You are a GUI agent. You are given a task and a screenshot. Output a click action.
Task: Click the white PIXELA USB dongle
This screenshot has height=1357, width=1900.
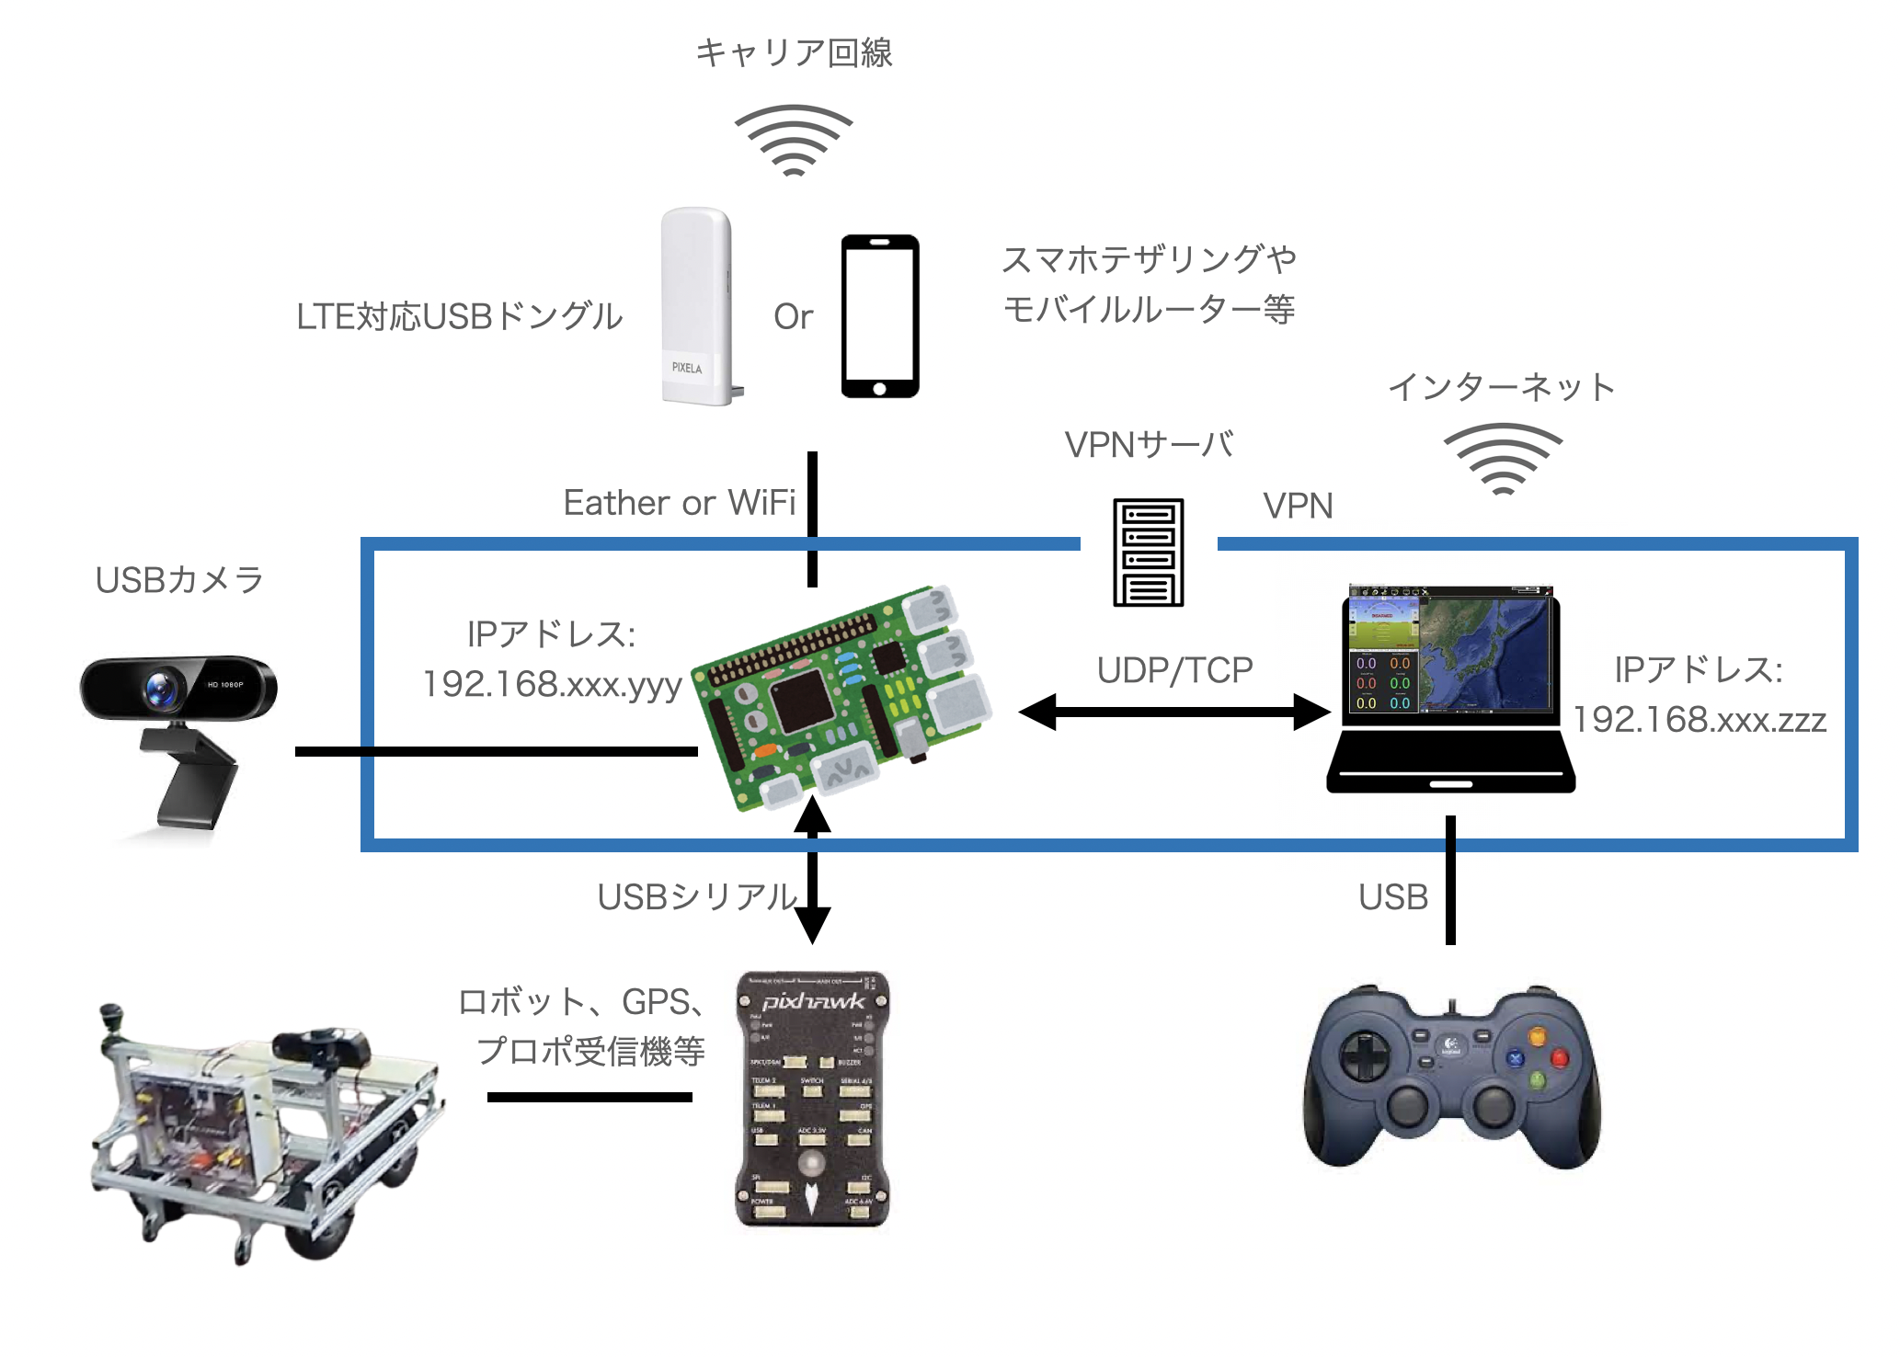[696, 305]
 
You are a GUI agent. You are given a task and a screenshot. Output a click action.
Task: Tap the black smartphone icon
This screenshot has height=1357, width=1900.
[880, 315]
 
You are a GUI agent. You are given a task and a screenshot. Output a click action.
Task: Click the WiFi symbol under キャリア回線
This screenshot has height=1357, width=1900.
[793, 140]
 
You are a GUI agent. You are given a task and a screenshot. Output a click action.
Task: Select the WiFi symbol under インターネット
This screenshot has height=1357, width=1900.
[1502, 458]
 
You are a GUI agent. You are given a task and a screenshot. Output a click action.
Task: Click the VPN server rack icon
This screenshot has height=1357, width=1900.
[1148, 552]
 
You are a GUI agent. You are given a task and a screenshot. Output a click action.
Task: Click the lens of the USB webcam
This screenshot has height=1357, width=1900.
[161, 688]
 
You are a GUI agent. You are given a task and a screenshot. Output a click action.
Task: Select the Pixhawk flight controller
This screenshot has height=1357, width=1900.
[812, 1099]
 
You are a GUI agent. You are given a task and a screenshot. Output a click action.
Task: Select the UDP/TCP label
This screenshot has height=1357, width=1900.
[1174, 670]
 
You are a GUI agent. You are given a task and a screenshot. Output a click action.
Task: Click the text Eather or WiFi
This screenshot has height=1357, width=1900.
[679, 503]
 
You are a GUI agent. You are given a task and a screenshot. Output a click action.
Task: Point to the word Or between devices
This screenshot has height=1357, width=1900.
[793, 317]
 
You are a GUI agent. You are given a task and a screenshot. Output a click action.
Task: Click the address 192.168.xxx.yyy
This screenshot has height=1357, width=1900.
[552, 684]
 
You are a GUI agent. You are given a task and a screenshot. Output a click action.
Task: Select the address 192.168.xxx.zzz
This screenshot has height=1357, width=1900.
[1699, 719]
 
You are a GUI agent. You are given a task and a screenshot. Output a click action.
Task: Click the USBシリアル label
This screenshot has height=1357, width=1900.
[697, 896]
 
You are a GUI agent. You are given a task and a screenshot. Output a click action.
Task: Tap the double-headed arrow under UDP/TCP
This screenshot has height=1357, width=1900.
[1174, 712]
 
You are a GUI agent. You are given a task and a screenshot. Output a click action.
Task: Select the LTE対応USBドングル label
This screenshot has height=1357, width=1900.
[459, 316]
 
